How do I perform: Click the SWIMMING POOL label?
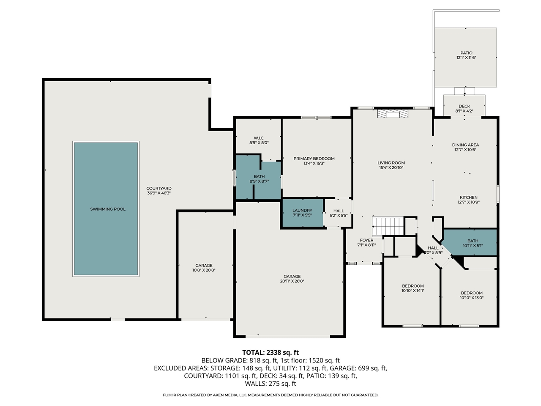pos(108,209)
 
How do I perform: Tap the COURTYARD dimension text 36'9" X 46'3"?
pos(159,193)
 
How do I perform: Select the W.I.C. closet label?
pos(259,138)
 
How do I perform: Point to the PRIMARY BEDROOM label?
pos(314,159)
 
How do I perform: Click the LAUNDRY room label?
pos(302,210)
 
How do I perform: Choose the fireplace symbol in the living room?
pos(393,114)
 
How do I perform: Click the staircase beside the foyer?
pos(388,226)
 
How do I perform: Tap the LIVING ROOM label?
pos(391,163)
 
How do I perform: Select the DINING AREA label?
pos(465,145)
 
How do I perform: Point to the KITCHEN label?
pos(469,198)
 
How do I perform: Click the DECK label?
pos(464,106)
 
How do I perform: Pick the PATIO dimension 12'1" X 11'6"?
pos(466,58)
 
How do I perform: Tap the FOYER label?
pos(366,240)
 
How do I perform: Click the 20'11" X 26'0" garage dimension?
pos(292,281)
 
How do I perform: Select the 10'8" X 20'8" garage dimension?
pos(204,270)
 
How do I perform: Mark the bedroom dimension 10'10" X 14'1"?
pos(413,291)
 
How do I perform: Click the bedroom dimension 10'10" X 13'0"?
pos(472,298)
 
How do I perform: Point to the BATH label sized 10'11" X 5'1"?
pos(473,241)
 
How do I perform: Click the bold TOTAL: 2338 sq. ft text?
pos(270,353)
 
